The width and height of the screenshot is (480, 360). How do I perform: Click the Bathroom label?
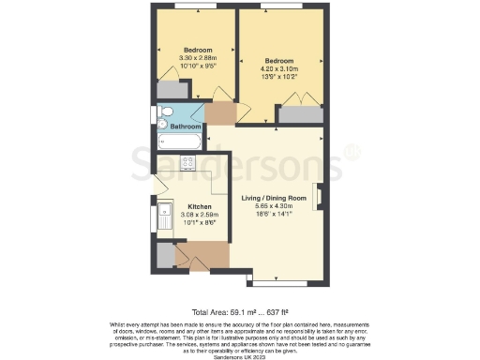(x=186, y=126)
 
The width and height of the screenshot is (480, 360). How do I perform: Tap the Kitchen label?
(x=200, y=206)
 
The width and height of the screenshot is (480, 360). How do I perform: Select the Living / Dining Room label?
(x=275, y=198)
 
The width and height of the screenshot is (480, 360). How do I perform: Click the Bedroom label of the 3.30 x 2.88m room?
(x=198, y=50)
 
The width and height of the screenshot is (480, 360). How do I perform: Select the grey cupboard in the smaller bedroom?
(x=170, y=91)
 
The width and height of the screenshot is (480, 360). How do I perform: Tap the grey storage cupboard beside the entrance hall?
(x=165, y=254)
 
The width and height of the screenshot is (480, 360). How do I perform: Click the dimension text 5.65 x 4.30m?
(x=275, y=206)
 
